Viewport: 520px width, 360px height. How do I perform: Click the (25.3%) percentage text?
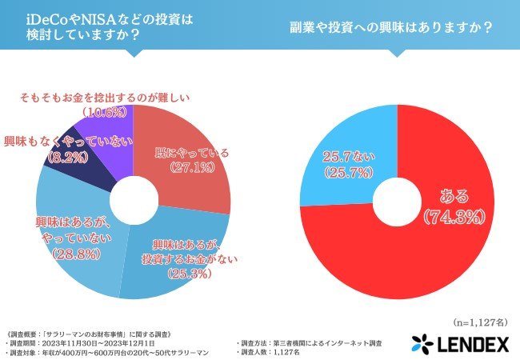point(188,273)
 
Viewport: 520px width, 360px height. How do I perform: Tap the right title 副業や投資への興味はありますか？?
point(390,26)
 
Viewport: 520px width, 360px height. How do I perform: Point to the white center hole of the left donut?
point(132,202)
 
